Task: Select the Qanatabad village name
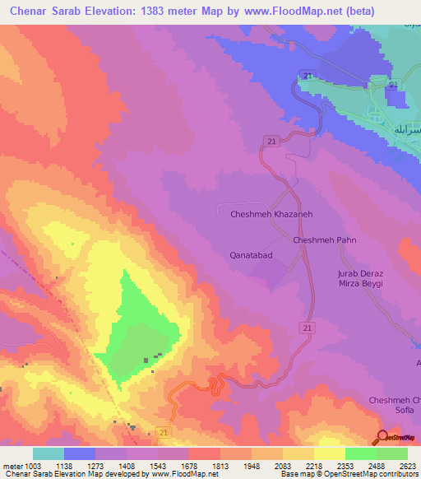(251, 255)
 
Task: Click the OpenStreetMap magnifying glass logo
(382, 436)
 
